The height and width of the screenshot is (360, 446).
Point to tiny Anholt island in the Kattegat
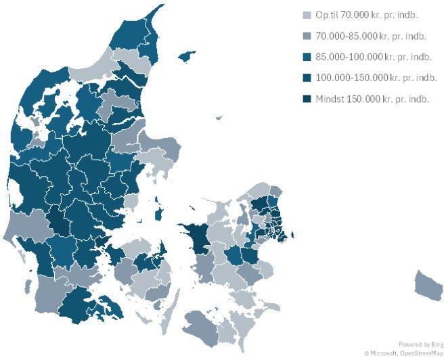click(218, 117)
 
